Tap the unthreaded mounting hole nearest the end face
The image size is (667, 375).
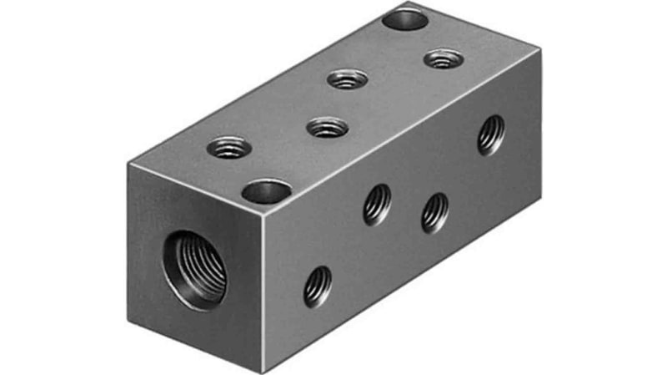click(266, 192)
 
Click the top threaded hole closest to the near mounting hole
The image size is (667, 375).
click(228, 147)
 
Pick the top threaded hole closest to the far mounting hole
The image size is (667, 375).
click(443, 59)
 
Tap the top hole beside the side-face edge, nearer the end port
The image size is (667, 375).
click(327, 128)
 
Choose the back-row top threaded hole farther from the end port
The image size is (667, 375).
click(347, 79)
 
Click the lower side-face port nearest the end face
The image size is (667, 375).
click(317, 286)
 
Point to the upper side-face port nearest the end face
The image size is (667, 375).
click(377, 205)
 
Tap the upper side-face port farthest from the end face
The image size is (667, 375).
click(491, 134)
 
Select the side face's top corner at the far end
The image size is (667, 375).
click(540, 50)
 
